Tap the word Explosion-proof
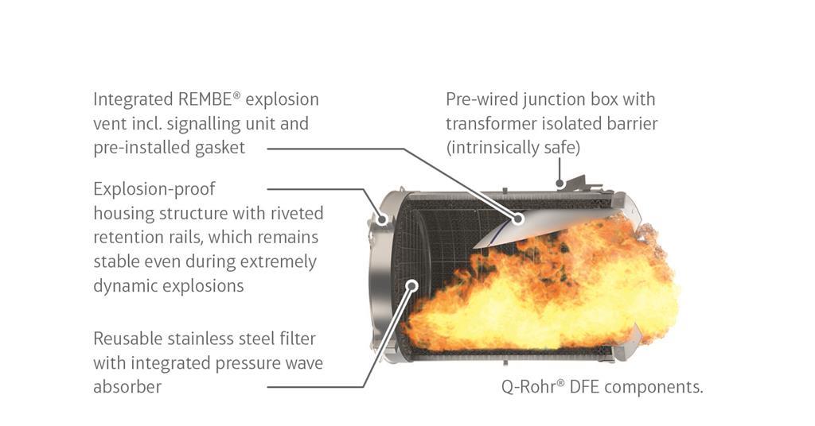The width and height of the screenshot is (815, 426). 154,189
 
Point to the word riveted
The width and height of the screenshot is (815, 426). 294,213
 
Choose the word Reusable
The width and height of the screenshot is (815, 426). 128,339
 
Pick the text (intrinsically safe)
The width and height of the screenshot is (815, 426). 513,148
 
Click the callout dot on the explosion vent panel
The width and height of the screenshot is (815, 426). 518,218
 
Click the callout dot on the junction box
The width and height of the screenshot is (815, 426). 560,184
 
